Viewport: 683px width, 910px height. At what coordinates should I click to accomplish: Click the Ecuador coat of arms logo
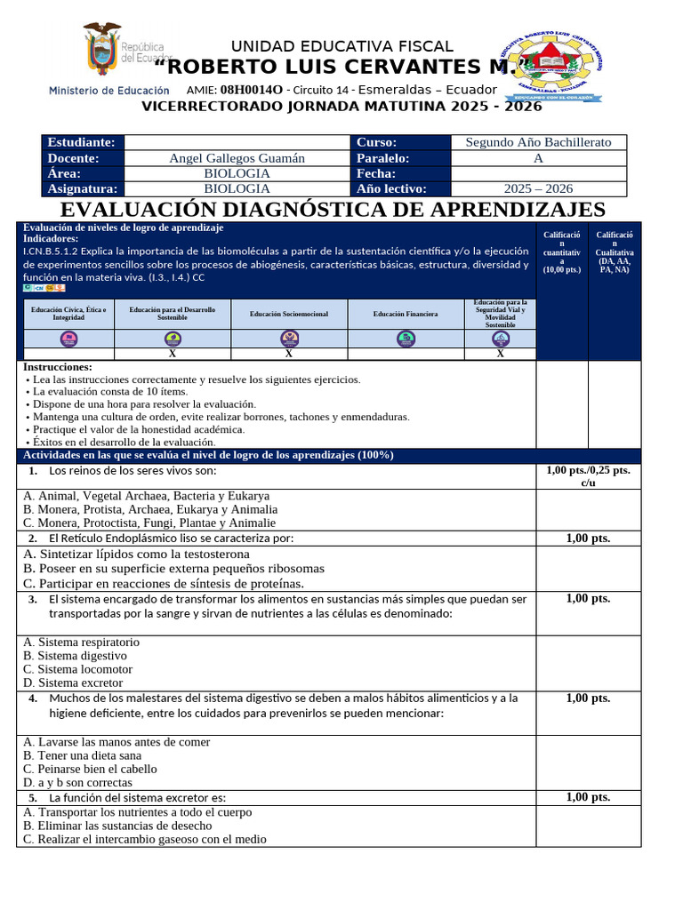(101, 50)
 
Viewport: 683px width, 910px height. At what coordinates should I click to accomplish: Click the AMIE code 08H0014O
(252, 90)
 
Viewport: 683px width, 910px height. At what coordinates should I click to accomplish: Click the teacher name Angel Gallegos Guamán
(237, 158)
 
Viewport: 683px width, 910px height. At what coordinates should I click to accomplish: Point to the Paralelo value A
(538, 158)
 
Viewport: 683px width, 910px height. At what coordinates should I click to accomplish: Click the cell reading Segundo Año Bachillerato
(538, 142)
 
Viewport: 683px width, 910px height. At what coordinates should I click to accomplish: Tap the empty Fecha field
(538, 173)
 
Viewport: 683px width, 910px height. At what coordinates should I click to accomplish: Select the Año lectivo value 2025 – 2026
(538, 188)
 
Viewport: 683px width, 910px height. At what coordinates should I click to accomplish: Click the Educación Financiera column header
(406, 314)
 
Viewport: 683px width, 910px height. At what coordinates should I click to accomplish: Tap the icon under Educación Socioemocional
(289, 339)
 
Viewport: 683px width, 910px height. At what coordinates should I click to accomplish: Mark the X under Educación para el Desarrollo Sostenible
(173, 354)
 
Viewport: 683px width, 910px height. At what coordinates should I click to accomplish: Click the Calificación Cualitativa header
(615, 252)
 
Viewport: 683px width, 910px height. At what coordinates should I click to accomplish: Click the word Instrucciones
(58, 367)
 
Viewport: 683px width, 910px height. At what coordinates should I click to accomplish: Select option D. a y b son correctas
(77, 783)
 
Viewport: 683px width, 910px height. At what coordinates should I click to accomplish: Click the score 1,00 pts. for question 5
(588, 797)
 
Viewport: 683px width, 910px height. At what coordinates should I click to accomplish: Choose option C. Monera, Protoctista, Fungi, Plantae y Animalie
(149, 523)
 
